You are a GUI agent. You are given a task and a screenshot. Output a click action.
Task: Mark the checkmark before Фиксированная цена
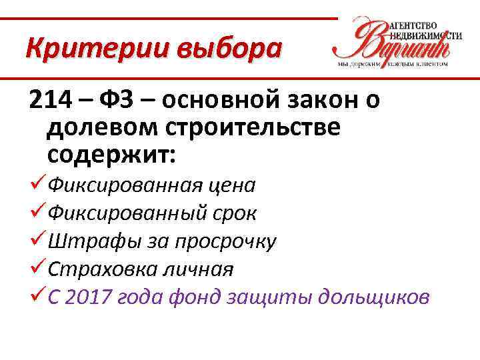pyautogui.click(x=37, y=183)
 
